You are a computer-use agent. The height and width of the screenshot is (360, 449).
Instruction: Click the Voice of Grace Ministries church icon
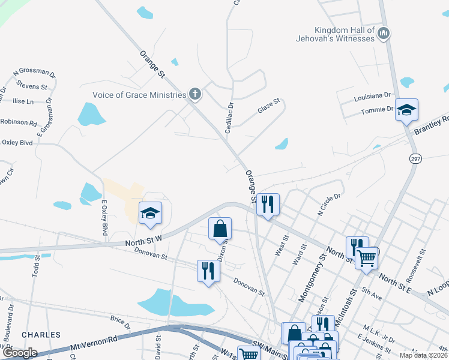pyautogui.click(x=194, y=94)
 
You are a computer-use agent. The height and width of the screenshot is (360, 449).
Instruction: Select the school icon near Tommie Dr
pyautogui.click(x=406, y=110)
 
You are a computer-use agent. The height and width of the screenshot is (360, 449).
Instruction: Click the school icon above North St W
pyautogui.click(x=151, y=213)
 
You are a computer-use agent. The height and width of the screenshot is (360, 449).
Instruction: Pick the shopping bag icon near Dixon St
pyautogui.click(x=220, y=228)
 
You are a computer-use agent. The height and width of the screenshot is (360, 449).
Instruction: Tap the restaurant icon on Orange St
pyautogui.click(x=268, y=204)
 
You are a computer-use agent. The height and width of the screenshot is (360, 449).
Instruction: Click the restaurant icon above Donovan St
pyautogui.click(x=208, y=270)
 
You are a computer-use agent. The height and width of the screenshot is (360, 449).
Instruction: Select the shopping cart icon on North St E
pyautogui.click(x=367, y=258)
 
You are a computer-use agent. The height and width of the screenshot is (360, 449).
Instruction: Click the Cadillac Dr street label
pyautogui.click(x=229, y=117)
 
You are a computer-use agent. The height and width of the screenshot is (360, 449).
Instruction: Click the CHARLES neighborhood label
pyautogui.click(x=41, y=334)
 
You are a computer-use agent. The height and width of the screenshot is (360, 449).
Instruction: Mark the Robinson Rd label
pyautogui.click(x=18, y=122)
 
